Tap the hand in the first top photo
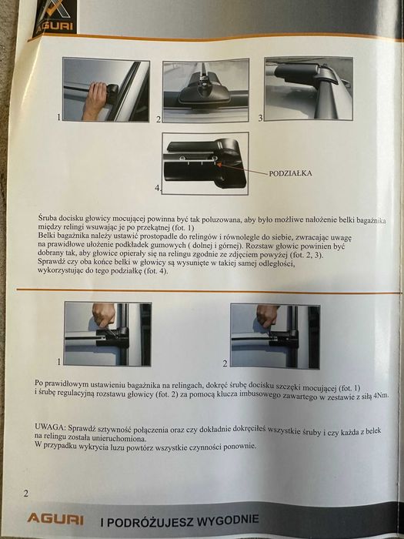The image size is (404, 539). tap(95, 98)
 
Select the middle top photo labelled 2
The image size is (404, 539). tap(205, 91)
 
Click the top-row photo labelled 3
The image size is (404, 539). tap(308, 88)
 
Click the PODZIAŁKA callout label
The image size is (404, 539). tap(290, 173)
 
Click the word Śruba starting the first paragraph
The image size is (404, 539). tap(48, 219)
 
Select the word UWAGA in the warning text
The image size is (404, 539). tap(51, 426)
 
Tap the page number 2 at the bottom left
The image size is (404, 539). tap(25, 493)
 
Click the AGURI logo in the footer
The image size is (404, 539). tap(55, 519)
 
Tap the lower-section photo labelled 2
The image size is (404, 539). tap(275, 335)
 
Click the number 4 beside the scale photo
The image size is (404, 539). tap(158, 187)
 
